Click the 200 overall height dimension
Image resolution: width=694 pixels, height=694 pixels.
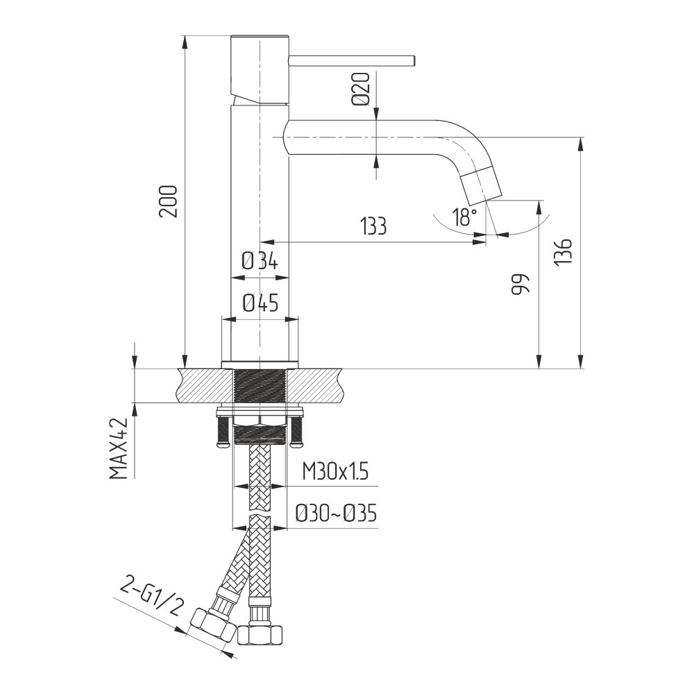point(169,201)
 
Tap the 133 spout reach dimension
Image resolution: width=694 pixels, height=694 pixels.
point(373,226)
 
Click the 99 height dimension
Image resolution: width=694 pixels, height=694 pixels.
point(520,284)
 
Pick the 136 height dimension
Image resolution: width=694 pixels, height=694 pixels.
point(564,252)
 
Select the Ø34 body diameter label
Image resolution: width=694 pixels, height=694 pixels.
point(260,261)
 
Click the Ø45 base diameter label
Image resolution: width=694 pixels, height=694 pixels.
point(261,303)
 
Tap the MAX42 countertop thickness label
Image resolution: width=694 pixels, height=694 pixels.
point(118,448)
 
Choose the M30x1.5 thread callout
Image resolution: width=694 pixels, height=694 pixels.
point(335,472)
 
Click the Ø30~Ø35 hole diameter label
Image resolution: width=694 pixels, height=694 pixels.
point(336,514)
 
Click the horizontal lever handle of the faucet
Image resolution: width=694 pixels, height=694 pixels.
point(351,61)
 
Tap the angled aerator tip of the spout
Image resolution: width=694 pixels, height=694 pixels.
point(481,183)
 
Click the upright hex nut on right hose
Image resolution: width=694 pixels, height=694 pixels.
point(260,634)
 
